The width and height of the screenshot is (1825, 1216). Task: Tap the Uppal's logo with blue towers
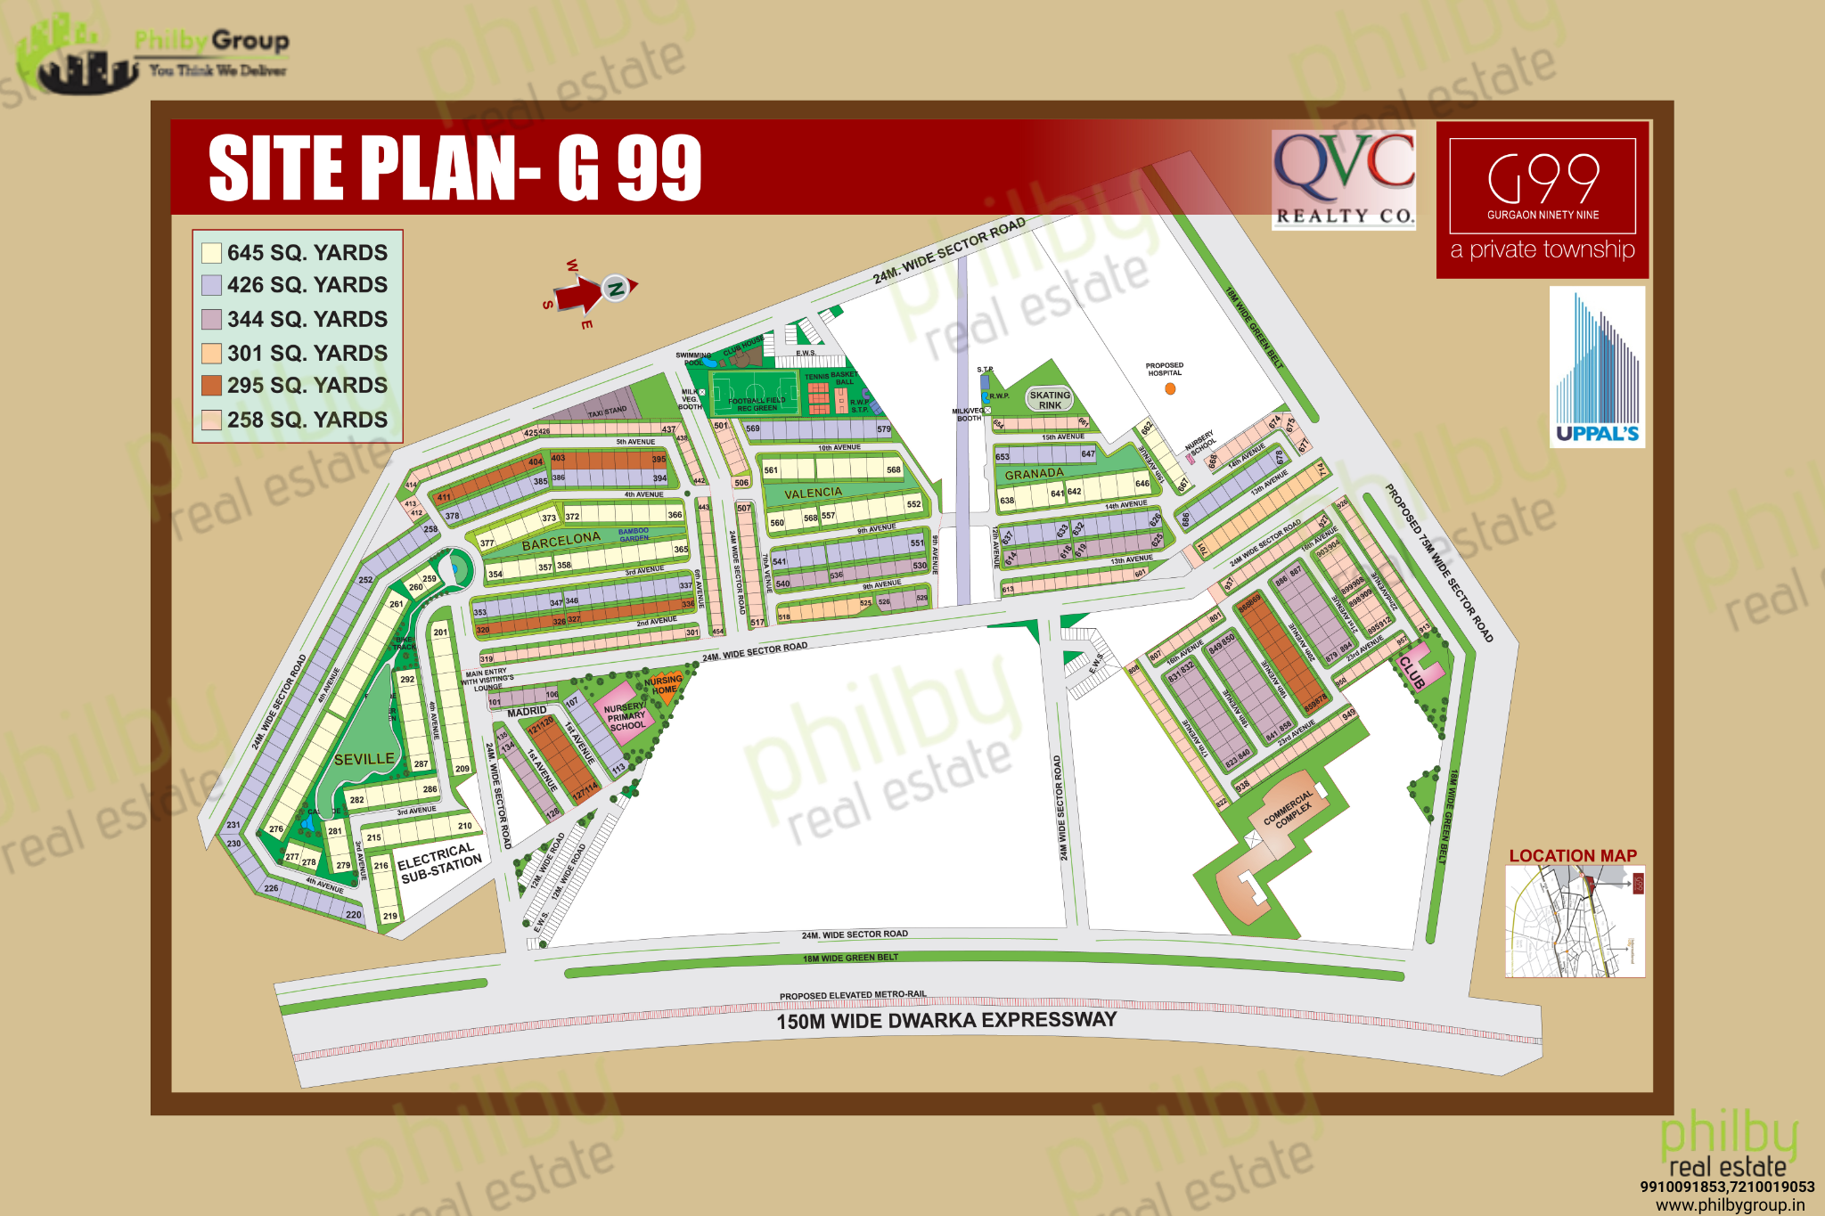coord(1597,367)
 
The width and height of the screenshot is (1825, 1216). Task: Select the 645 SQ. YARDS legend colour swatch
coord(211,253)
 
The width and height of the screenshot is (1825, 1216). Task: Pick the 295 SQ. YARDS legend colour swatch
coord(211,386)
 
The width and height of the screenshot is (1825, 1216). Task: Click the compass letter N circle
coord(615,288)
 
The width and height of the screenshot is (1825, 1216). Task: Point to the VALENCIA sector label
coord(813,493)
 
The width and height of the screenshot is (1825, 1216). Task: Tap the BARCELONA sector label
coord(561,541)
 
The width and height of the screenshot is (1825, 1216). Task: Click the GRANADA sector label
coord(1034,474)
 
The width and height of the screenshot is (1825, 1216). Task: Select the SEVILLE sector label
coord(364,759)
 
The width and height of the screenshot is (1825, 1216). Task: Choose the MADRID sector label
coord(527,712)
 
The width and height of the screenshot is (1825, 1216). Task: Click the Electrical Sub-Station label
coord(439,863)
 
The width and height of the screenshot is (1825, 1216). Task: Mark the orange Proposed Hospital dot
coord(1170,388)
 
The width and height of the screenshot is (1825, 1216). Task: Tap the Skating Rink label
coord(1050,400)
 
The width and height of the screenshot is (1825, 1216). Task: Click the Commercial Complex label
coord(1289,809)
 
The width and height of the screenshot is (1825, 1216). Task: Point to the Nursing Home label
coord(663,684)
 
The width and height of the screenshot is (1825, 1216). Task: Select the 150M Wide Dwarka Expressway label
coord(946,1020)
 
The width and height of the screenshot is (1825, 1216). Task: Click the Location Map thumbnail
coord(1575,921)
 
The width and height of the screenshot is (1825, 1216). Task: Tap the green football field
coord(754,391)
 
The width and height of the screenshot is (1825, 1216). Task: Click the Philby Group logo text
coord(211,41)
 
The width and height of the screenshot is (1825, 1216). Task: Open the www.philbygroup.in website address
coord(1730,1205)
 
